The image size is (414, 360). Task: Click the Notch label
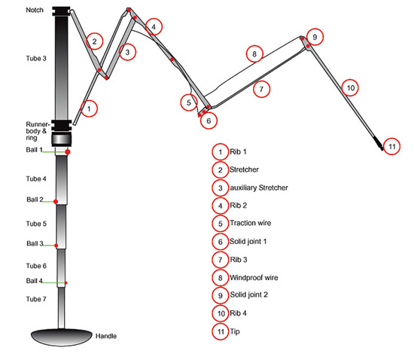[35, 10]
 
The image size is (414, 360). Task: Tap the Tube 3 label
[36, 59]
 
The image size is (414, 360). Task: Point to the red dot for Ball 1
[68, 152]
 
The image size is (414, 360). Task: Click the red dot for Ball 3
[56, 246]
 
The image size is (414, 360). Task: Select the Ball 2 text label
[35, 200]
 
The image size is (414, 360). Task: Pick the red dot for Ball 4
[65, 283]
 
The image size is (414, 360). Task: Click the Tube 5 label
[36, 224]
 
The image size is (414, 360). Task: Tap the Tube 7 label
[36, 299]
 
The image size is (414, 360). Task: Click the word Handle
[106, 336]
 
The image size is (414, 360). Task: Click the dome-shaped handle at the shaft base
[62, 337]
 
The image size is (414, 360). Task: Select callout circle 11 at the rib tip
[392, 146]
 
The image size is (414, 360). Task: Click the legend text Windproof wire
[254, 278]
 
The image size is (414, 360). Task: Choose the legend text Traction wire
[251, 223]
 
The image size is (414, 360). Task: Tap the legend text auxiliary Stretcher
[259, 188]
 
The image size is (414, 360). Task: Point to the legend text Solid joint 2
[248, 294]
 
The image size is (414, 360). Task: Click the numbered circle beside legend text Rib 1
[221, 152]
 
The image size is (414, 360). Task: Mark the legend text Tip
[235, 331]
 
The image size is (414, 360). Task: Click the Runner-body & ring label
[38, 131]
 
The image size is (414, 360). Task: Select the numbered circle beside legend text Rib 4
[221, 313]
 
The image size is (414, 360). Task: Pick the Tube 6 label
[36, 266]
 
